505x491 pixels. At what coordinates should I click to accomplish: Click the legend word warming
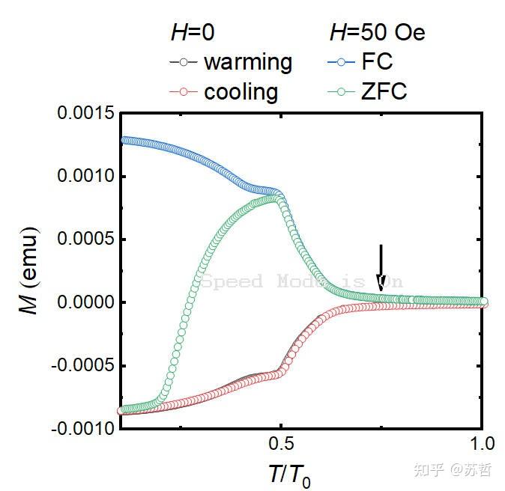(x=248, y=61)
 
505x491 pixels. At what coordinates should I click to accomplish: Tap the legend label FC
(x=377, y=61)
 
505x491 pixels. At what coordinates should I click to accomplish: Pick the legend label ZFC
(x=383, y=92)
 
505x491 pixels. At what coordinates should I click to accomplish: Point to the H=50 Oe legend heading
(x=377, y=33)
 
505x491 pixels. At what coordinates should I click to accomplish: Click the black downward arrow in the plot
(x=381, y=267)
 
